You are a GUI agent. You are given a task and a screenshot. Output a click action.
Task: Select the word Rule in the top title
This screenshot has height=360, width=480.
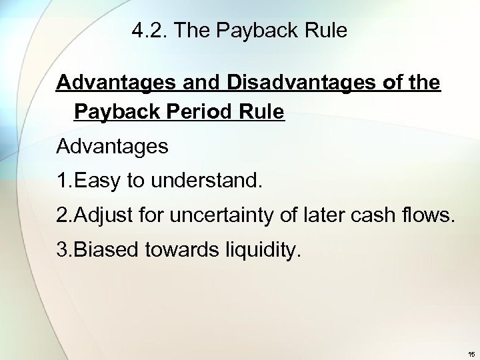pos(327,31)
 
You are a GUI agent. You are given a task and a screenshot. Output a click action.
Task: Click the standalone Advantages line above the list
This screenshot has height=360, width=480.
pos(112,147)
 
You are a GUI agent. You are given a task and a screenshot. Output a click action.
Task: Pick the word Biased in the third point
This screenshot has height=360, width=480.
pos(101,251)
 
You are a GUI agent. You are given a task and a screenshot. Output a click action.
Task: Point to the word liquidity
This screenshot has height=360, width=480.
pos(259,251)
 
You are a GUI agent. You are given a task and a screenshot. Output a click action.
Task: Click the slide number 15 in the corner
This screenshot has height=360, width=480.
pos(471,353)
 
